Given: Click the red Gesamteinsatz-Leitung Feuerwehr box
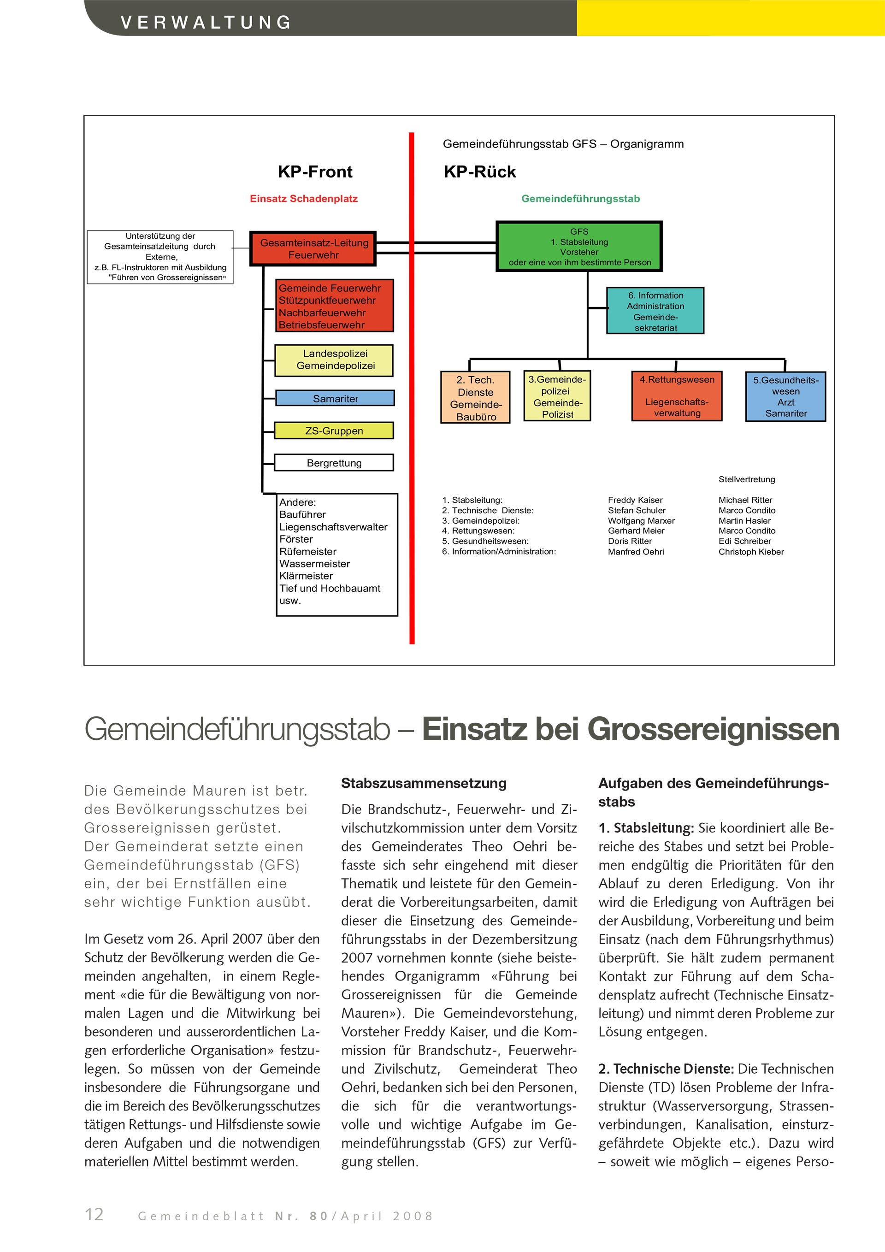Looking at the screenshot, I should (313, 248).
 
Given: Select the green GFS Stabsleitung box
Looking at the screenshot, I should (578, 247).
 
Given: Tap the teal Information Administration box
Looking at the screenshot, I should (655, 311).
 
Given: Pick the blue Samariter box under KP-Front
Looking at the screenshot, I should (335, 398).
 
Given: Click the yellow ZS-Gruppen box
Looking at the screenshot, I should (333, 430).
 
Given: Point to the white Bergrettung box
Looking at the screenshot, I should (334, 462).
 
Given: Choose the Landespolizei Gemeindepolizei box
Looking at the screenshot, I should (334, 360).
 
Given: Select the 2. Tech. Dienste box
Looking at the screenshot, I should (475, 397).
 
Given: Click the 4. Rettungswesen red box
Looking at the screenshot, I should (677, 396).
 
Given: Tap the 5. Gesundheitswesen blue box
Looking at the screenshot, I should (785, 396).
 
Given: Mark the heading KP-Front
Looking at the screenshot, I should (315, 172).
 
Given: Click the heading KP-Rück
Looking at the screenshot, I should (479, 172).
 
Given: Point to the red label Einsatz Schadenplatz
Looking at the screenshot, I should (304, 199).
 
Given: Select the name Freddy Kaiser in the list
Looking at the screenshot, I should (635, 500).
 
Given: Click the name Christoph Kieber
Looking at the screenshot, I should (751, 551).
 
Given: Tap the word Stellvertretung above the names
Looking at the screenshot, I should (747, 479).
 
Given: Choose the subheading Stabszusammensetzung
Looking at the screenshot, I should (424, 783).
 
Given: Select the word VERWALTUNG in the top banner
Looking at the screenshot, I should (206, 22).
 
